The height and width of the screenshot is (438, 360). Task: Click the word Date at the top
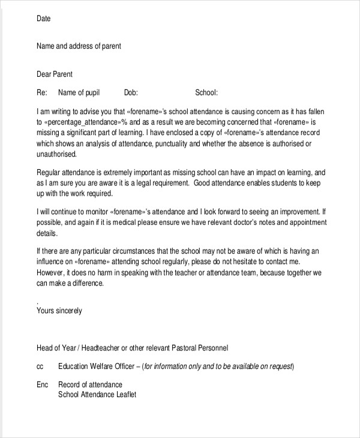tap(44, 19)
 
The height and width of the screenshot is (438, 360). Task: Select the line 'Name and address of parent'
tap(79, 46)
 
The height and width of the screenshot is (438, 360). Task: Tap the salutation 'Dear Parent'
tap(55, 74)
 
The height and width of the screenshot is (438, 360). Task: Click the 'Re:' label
tap(42, 92)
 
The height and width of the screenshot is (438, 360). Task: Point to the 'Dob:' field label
tap(131, 92)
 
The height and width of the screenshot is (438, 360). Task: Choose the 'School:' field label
tap(206, 92)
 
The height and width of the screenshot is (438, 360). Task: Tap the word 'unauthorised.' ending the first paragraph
tap(56, 154)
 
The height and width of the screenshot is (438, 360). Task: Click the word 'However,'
tap(53, 273)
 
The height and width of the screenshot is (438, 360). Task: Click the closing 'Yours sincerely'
tap(59, 311)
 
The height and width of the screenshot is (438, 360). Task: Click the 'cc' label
tap(40, 366)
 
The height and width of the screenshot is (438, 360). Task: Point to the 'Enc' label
tap(42, 384)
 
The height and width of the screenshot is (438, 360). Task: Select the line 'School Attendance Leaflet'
tap(97, 395)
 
